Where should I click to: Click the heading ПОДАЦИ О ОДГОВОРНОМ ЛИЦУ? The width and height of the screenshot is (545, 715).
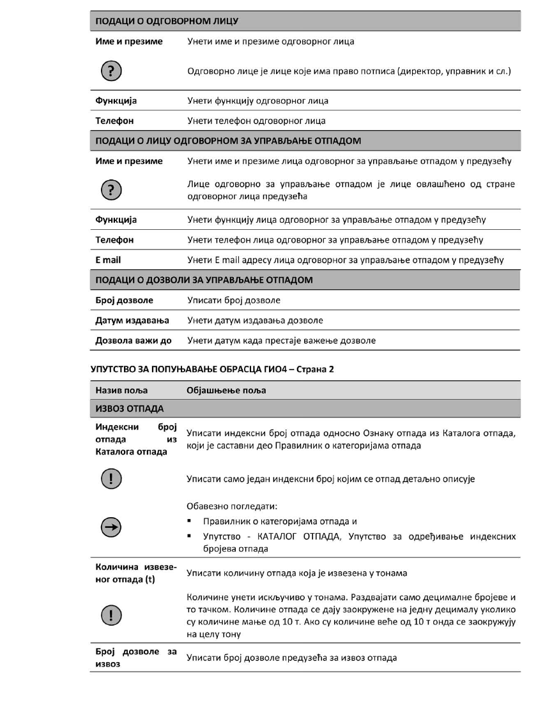[167, 22]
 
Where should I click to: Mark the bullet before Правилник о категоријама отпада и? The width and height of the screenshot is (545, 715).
[190, 521]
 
